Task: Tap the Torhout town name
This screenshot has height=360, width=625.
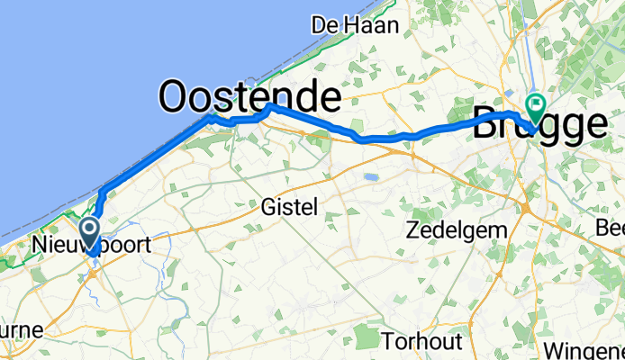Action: (422, 342)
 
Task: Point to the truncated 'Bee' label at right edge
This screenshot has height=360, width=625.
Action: (610, 229)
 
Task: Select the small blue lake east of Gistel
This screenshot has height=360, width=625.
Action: (370, 177)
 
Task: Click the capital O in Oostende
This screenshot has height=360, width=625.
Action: (177, 96)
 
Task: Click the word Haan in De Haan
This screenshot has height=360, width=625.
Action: (366, 25)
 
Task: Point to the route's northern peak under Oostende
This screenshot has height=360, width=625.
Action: (269, 106)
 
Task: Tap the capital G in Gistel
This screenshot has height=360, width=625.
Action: (267, 207)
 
